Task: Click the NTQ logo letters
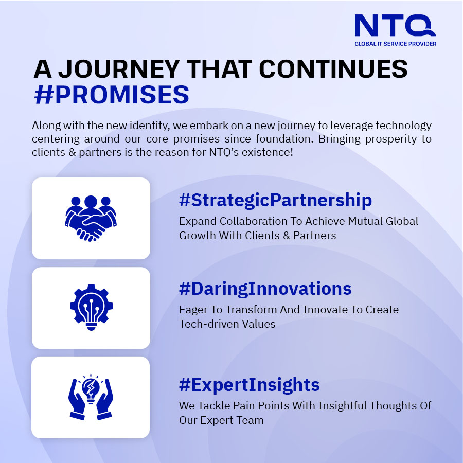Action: pos(395,26)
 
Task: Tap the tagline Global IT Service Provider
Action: pos(396,44)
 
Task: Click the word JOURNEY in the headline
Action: pos(119,69)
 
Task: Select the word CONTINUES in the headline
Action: pos(333,69)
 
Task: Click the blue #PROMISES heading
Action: pos(112,95)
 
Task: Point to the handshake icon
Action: pos(91,219)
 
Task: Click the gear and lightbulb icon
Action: pos(91,308)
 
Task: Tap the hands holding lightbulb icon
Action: pos(91,397)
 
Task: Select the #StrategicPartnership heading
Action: pos(275,200)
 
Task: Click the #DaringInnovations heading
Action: pos(265,289)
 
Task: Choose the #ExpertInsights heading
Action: pos(249,385)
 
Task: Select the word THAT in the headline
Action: pos(219,69)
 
